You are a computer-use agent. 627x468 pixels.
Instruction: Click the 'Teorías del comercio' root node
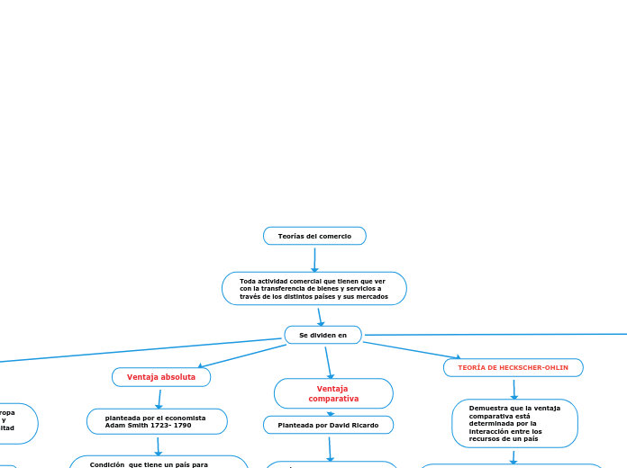pos(314,236)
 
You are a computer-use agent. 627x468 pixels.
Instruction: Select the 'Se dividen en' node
pos(323,335)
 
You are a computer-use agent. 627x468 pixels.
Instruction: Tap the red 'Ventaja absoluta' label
pos(161,377)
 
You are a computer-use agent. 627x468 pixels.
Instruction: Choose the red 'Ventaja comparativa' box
pos(333,393)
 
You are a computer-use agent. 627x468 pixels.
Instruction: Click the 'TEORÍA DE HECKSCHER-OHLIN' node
pos(513,368)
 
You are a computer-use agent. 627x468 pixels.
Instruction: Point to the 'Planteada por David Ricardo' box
pos(328,425)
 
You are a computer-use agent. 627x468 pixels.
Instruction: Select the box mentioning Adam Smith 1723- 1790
pos(157,421)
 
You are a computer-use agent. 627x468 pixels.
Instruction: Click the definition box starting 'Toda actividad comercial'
pos(313,289)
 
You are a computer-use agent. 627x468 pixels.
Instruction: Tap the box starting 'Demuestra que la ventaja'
pos(514,423)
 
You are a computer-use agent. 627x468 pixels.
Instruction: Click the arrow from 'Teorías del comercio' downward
pos(314,259)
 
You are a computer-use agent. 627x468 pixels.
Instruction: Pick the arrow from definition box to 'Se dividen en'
pos(320,316)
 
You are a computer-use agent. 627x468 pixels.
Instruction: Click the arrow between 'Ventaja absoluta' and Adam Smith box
pos(159,398)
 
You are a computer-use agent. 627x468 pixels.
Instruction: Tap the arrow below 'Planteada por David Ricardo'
pos(330,448)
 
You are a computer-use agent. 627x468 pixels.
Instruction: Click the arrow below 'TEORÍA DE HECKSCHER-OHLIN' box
pos(513,389)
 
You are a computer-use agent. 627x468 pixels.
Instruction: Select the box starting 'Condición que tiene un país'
pos(159,463)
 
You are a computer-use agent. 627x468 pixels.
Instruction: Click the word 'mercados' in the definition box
pos(372,296)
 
